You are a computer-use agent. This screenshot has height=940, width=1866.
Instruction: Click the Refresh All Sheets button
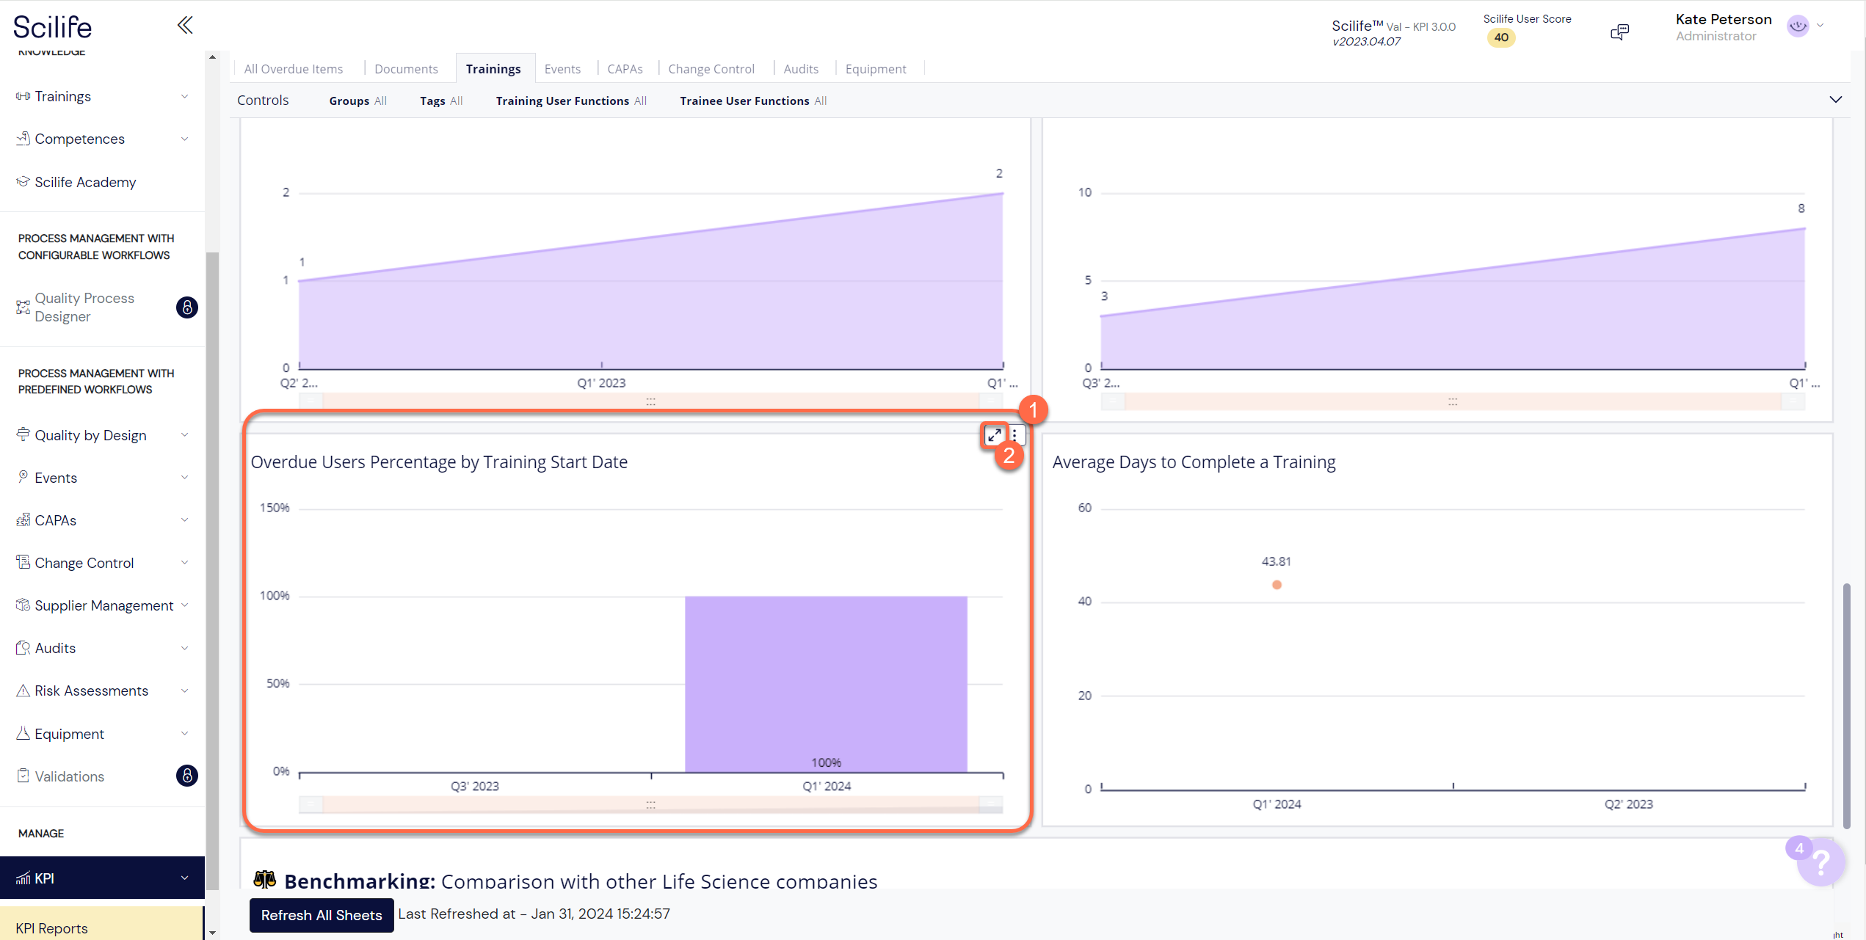[x=321, y=915]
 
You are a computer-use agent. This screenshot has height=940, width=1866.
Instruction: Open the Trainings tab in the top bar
[x=493, y=69]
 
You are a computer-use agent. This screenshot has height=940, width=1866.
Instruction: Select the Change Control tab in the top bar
[x=711, y=69]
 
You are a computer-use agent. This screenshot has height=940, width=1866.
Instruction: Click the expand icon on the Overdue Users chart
[x=994, y=435]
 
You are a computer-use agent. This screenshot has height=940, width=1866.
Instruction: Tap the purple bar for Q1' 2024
[x=825, y=682]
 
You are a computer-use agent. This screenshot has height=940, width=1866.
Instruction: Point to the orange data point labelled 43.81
[x=1277, y=585]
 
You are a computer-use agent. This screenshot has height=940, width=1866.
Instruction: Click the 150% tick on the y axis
[x=275, y=508]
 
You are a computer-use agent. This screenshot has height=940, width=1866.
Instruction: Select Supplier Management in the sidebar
[x=104, y=605]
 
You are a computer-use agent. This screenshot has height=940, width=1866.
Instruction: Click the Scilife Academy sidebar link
[x=85, y=182]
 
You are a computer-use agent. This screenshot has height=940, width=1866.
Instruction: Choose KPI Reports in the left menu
[x=51, y=928]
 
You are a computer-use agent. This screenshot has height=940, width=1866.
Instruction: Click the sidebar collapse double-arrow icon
[x=185, y=26]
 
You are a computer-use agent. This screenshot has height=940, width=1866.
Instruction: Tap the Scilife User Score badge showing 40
[x=1501, y=37]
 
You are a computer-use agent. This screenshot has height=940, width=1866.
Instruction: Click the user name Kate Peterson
[x=1723, y=20]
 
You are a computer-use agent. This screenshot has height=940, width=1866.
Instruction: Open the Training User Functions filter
[x=570, y=101]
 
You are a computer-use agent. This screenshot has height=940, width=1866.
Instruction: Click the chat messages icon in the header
[x=1619, y=32]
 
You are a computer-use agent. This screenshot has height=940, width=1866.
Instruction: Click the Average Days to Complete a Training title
[x=1194, y=462]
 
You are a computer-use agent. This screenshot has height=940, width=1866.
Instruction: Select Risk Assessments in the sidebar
[x=91, y=691]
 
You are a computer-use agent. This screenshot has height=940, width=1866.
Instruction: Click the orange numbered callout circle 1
[x=1033, y=410]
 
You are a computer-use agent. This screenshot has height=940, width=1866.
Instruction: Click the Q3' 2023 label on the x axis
[x=474, y=786]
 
